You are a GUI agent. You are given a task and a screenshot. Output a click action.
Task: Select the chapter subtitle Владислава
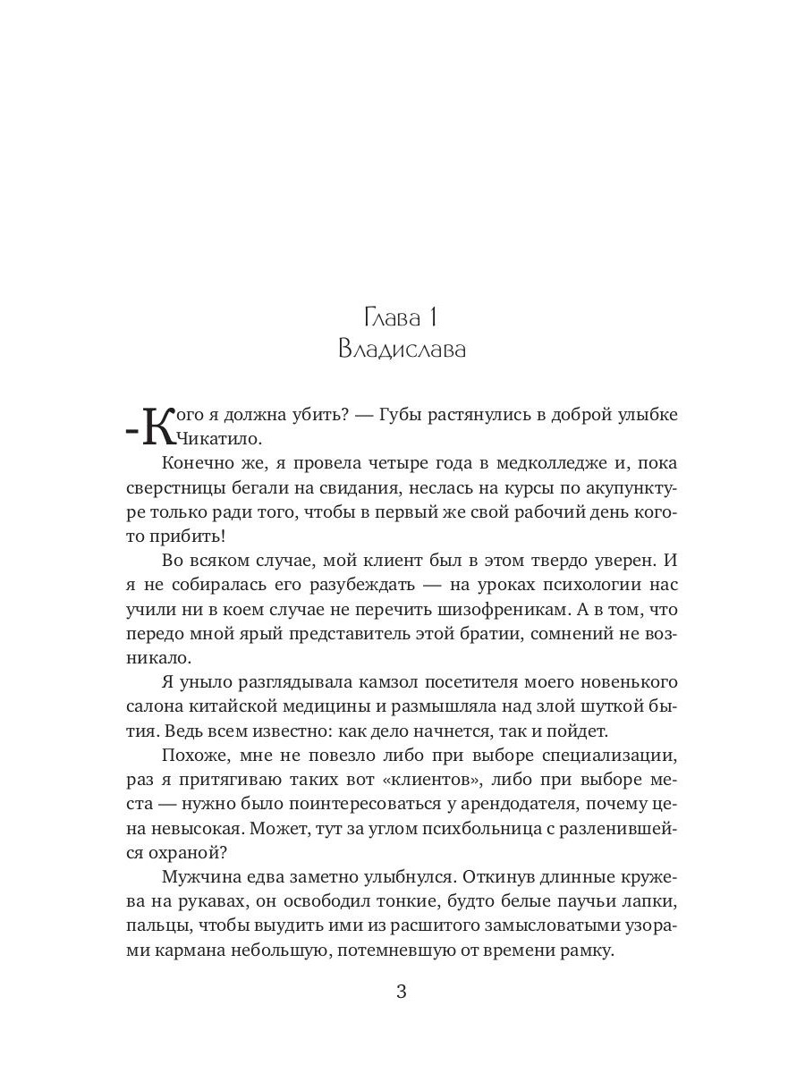[402, 349]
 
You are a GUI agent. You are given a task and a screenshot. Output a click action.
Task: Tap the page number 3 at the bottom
[402, 993]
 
